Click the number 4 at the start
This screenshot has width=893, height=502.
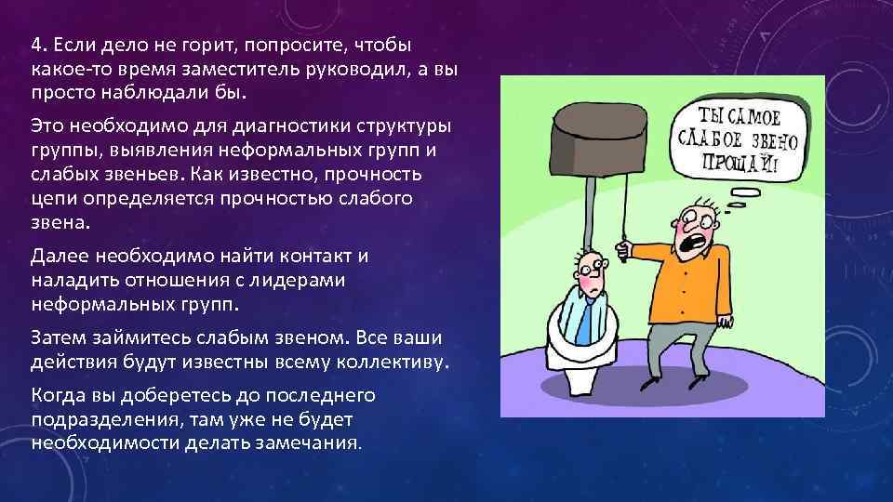point(34,46)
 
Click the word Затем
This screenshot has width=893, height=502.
point(58,335)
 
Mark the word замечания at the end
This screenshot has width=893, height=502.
point(311,443)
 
